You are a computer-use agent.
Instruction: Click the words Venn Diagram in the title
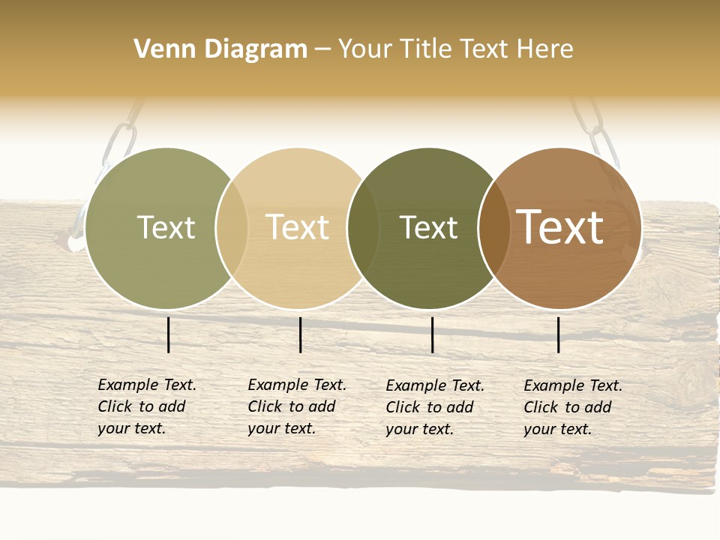click(220, 49)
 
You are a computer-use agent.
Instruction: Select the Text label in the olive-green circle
click(166, 228)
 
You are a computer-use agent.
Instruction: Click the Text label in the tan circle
click(297, 228)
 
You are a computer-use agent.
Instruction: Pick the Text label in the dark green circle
click(428, 228)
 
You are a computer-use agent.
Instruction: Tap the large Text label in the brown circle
click(560, 227)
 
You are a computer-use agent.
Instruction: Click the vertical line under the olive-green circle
click(169, 334)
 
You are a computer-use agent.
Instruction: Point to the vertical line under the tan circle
click(300, 334)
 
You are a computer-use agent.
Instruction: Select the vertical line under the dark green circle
click(432, 334)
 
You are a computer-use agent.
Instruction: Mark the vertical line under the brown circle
click(559, 334)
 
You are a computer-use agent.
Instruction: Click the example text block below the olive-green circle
click(146, 406)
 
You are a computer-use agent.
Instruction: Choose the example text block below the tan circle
click(296, 406)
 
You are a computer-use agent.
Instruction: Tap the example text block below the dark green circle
click(434, 407)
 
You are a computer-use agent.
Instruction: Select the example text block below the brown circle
click(572, 407)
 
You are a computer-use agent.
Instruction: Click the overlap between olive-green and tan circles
click(232, 228)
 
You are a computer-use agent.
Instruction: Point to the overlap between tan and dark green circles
click(363, 228)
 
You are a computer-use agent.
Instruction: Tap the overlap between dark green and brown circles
click(493, 228)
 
